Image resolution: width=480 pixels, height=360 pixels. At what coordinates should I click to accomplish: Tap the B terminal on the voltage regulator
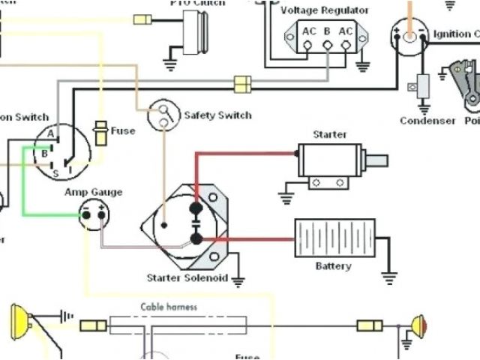pyautogui.click(x=327, y=32)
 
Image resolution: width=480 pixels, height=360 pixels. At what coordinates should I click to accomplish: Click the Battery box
pyautogui.click(x=334, y=238)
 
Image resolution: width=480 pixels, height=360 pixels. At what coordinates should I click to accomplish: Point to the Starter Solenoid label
pyautogui.click(x=184, y=279)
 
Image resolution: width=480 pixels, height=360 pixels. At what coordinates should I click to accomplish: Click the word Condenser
pyautogui.click(x=427, y=121)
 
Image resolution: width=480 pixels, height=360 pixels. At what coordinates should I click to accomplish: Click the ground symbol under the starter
pyautogui.click(x=285, y=199)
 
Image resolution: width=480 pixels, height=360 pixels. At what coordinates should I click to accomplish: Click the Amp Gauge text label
pyautogui.click(x=93, y=192)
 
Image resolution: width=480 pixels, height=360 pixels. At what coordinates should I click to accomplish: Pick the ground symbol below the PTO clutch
pyautogui.click(x=171, y=66)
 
